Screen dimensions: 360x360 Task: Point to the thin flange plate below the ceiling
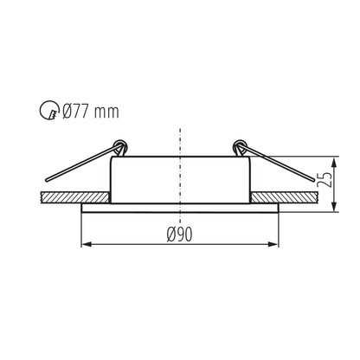coord(181,209)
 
